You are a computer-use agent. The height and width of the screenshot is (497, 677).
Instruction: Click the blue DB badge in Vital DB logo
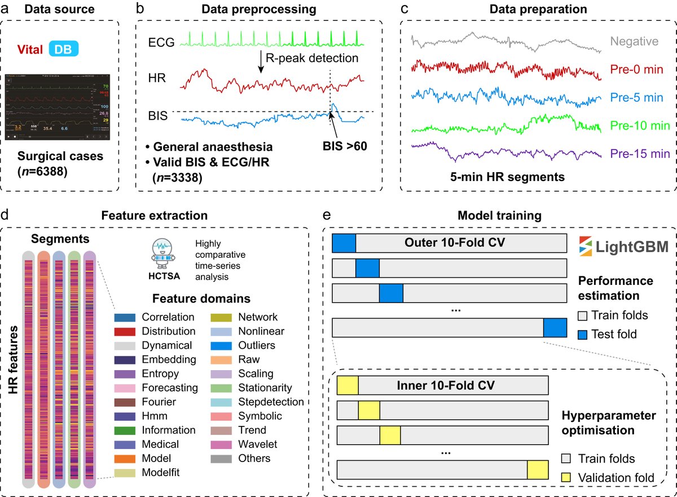pyautogui.click(x=63, y=50)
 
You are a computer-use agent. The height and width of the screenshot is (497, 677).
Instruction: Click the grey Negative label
pyautogui.click(x=634, y=41)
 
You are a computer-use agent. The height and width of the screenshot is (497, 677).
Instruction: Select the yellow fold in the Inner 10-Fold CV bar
pyautogui.click(x=348, y=386)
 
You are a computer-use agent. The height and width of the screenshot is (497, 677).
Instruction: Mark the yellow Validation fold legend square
pyautogui.click(x=568, y=478)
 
